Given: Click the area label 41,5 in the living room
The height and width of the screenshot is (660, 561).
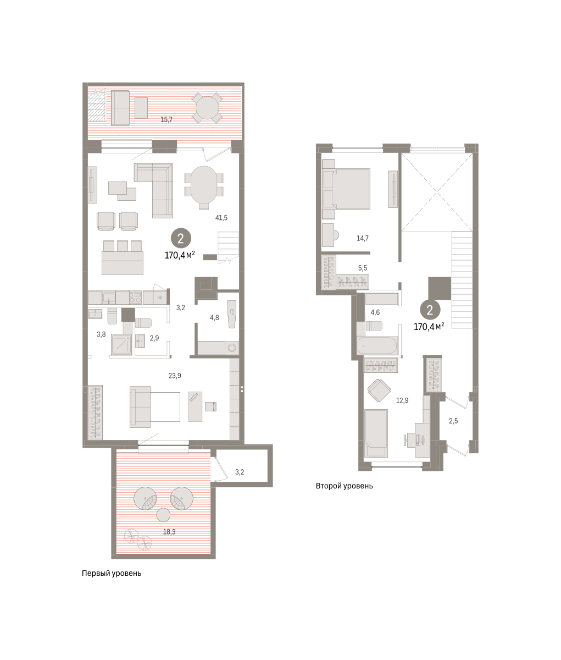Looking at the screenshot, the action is tap(221, 218).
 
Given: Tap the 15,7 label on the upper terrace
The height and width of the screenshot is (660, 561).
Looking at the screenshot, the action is tap(166, 120).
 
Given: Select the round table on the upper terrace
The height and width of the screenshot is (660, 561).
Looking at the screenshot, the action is tap(207, 108).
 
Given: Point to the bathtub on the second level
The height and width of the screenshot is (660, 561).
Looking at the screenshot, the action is tap(377, 345).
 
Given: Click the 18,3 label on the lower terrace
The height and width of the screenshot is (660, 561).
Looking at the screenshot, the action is tap(169, 532).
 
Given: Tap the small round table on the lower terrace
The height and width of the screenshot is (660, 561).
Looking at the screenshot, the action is tap(163, 515).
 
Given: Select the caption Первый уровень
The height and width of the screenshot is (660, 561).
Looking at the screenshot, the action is tap(112, 582).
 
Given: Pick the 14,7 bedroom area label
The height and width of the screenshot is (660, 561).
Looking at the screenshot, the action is tap(363, 238).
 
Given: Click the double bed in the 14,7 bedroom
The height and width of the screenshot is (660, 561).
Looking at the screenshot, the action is tap(346, 189).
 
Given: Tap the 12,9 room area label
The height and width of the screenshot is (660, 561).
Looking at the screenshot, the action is tap(402, 400).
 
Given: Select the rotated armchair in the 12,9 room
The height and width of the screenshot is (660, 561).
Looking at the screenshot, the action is tap(379, 390).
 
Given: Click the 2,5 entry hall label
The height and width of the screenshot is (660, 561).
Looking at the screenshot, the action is tap(453, 421).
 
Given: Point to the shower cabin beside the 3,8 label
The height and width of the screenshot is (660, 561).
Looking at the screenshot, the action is tap(121, 344).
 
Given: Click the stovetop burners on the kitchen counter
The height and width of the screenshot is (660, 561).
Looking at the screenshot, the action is tap(136, 297).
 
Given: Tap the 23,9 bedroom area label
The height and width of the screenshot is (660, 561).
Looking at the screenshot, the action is tap(175, 376).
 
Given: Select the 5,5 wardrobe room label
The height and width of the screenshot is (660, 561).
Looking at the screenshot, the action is tap(363, 268).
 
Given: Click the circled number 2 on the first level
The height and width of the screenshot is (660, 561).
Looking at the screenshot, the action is tap(181, 239).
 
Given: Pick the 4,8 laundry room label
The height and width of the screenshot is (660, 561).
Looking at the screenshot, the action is tap(214, 317).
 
